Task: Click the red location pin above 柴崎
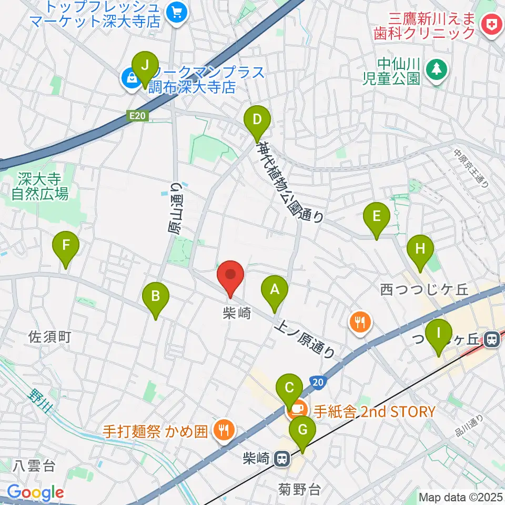(230, 276)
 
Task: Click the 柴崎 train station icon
(282, 459)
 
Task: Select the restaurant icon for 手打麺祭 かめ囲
(224, 429)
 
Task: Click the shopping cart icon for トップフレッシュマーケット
(177, 13)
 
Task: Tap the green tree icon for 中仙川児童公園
(436, 70)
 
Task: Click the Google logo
(35, 492)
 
